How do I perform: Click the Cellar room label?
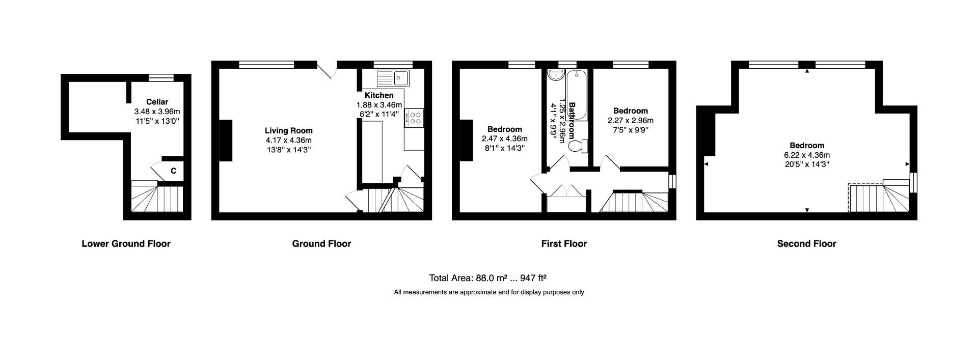157,102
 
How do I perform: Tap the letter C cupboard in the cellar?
173,171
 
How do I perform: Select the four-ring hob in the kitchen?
415,119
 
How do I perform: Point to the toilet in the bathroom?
578,147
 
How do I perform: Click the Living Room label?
288,131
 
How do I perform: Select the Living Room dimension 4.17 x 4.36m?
288,140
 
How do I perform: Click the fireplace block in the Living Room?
226,141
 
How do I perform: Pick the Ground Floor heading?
321,244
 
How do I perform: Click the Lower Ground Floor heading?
126,244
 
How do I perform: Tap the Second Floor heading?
806,244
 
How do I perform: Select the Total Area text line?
487,278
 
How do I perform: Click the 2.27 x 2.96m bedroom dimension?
630,121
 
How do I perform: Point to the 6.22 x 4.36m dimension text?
807,155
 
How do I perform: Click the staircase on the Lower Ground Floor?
157,199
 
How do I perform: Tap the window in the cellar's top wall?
161,77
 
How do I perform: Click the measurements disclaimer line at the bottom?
488,292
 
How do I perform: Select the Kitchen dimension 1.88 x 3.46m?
379,105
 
